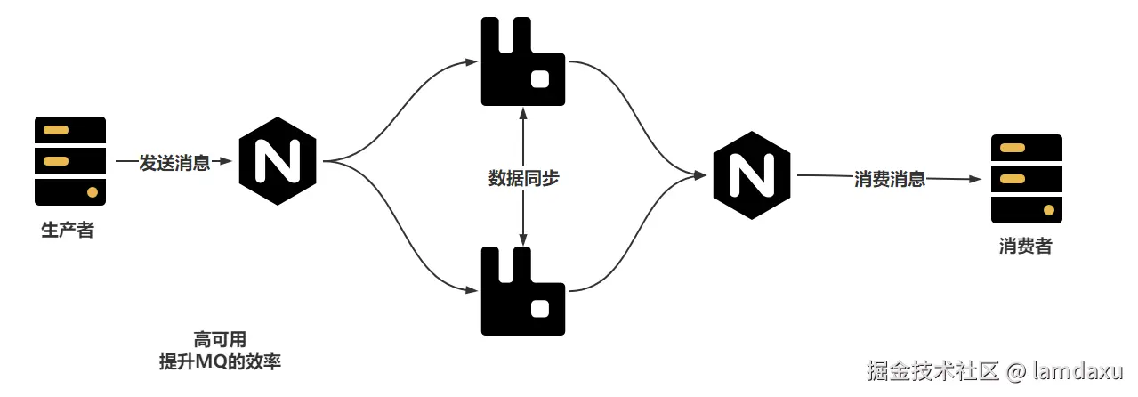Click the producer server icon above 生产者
point(70,161)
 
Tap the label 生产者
point(68,231)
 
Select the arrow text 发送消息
point(174,163)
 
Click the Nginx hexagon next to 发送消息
point(278,162)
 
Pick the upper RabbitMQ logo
point(522,61)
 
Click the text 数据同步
point(523,178)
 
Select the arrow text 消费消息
point(890,178)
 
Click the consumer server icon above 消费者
point(1027,179)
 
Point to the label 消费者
point(1025,247)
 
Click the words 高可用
point(219,339)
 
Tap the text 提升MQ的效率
point(219,362)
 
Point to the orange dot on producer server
point(92,192)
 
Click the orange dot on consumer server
point(1048,211)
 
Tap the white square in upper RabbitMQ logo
point(539,79)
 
